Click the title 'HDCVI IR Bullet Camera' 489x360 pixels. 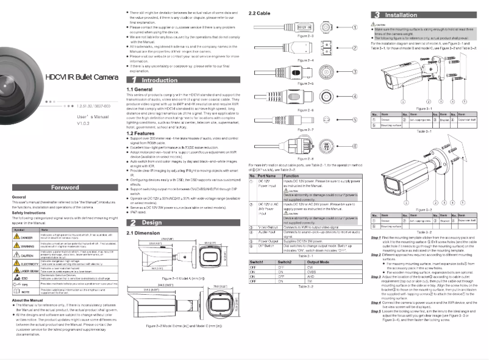click(80, 77)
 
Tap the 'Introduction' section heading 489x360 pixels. click(159, 80)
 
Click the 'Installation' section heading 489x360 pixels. click(405, 13)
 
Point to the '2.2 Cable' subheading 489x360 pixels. click(260, 13)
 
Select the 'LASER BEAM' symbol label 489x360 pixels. click(30, 270)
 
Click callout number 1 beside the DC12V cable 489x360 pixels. click(354, 27)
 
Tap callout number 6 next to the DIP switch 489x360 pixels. click(354, 146)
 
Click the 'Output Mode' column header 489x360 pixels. click(319, 261)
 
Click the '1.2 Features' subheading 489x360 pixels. click(140, 133)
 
